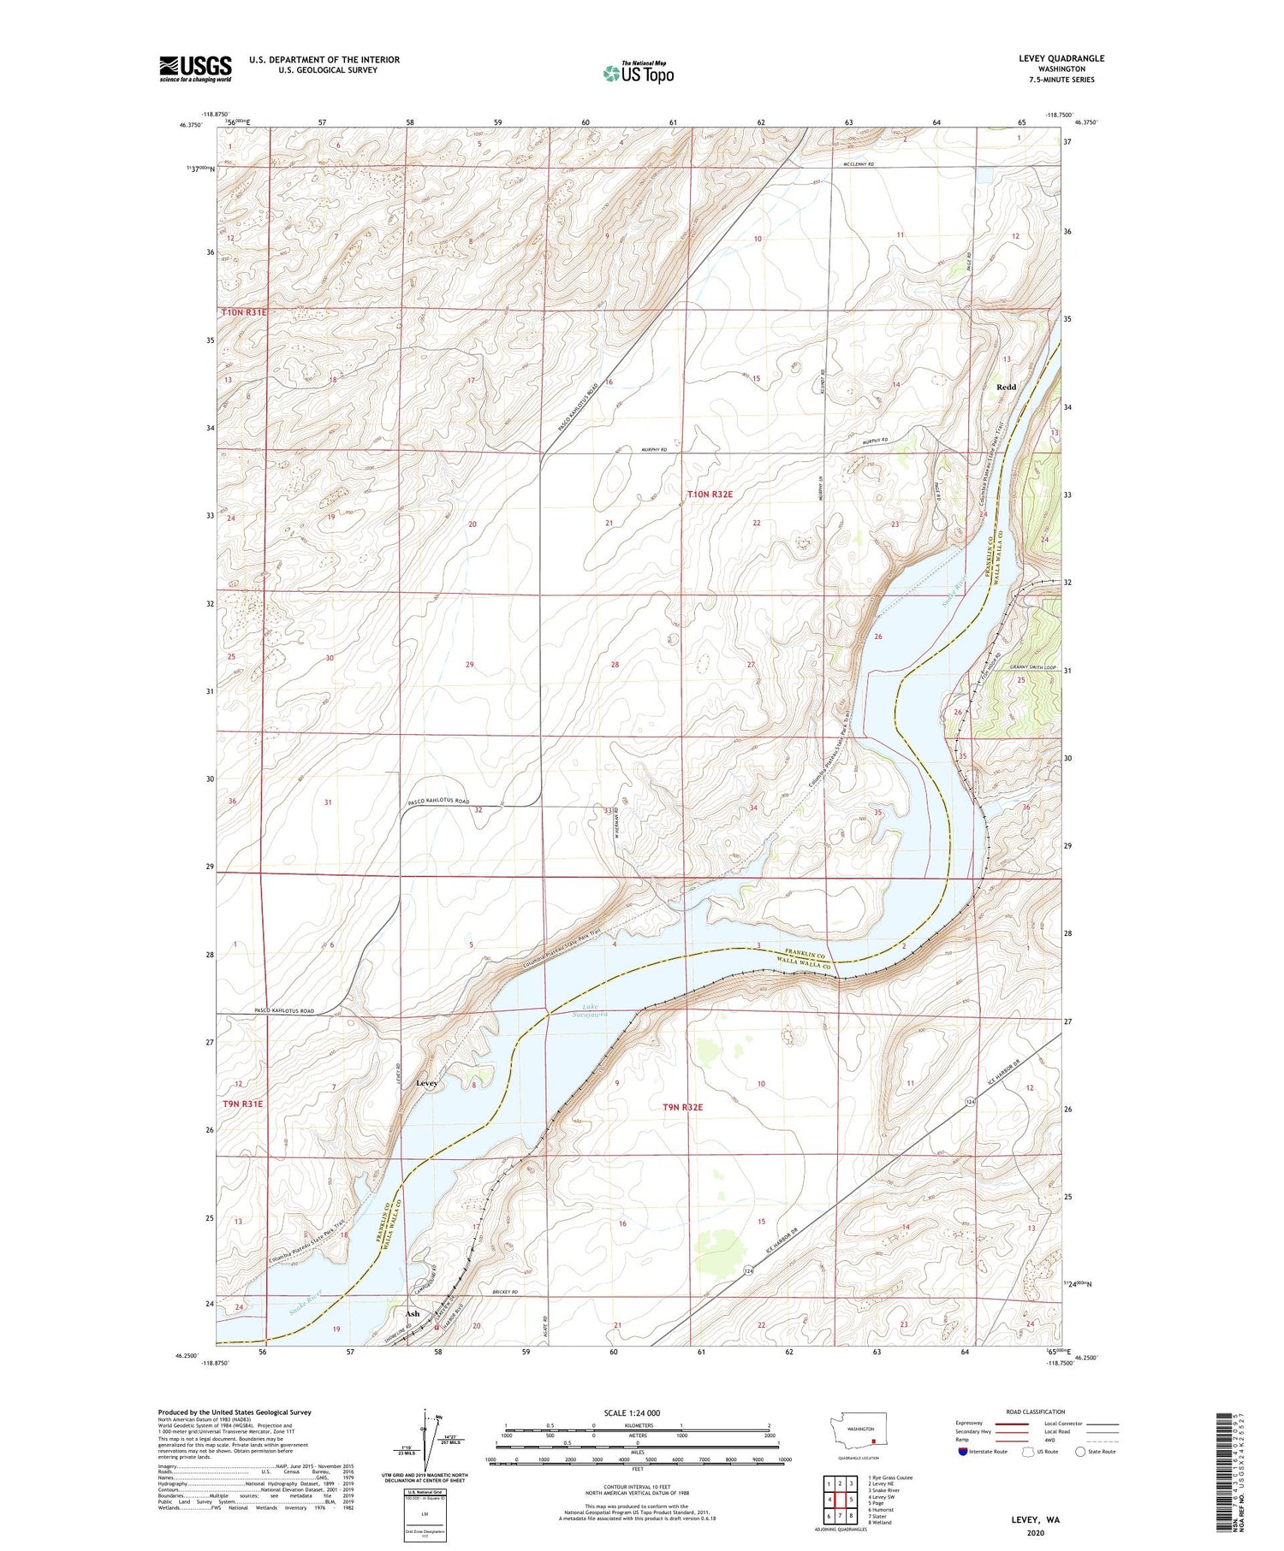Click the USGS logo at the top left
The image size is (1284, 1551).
(x=195, y=68)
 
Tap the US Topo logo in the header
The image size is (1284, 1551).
(x=638, y=74)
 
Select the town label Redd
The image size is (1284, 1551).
(x=1006, y=387)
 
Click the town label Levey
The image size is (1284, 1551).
(x=426, y=1083)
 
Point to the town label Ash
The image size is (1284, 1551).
(x=413, y=1313)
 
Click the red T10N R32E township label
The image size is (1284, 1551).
(x=710, y=494)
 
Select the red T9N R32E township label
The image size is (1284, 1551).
(x=682, y=1107)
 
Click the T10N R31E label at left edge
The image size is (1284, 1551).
(x=245, y=313)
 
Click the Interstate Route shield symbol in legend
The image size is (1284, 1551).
(x=962, y=1451)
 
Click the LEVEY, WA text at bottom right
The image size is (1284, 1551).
(x=1034, y=1519)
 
